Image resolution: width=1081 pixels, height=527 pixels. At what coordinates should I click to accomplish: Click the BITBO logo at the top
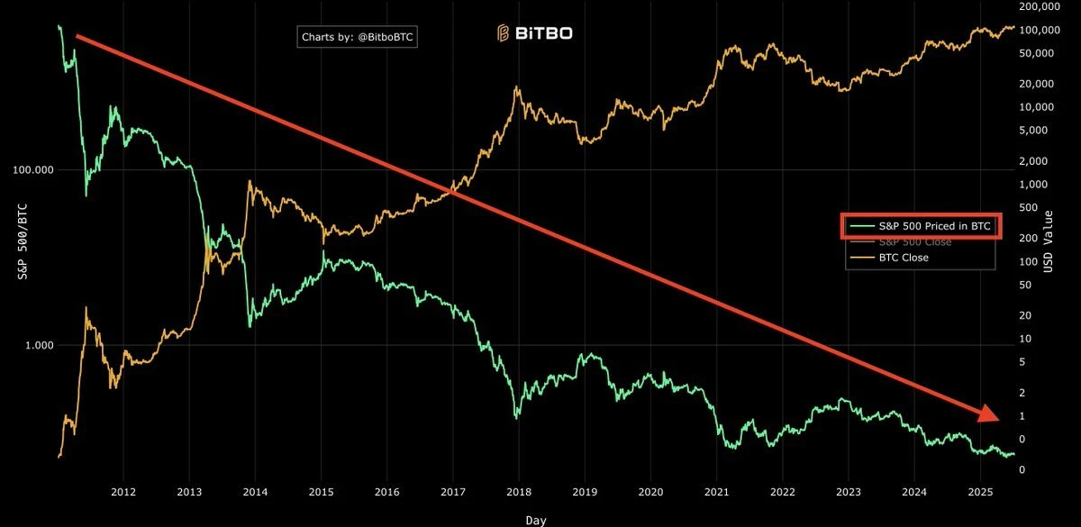point(534,34)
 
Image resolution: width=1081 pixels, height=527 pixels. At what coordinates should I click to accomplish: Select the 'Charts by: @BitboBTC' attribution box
point(359,37)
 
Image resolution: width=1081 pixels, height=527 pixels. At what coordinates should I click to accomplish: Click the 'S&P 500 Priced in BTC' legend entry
point(927,227)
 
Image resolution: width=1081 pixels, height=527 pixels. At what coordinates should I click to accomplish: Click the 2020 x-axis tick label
point(650,492)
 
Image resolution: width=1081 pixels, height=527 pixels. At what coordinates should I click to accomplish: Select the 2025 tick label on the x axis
point(980,492)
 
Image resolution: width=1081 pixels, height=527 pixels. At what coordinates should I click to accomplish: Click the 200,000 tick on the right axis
point(1040,6)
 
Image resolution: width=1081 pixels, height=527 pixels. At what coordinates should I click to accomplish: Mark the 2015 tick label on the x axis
point(321,492)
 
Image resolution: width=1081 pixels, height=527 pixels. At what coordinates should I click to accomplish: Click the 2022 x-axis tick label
point(782,492)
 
